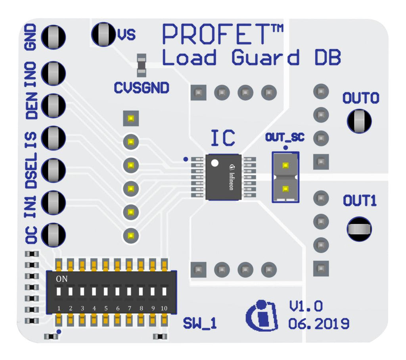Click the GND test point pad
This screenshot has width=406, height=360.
pos(53,37)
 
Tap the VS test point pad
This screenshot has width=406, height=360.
pos(103,34)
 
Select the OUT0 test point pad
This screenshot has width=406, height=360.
pos(359,121)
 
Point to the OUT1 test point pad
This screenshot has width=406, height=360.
pos(359,229)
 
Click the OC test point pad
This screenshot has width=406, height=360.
pos(53,235)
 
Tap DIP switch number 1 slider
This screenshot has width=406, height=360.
pos(59,292)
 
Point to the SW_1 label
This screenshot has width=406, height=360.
pos(200,323)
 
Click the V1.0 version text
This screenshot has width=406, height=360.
pos(305,306)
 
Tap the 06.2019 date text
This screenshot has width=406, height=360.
pos(318,324)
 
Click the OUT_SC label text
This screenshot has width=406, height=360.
pos(285,138)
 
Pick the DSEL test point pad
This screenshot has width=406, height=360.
pos(53,170)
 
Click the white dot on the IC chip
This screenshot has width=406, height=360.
pos(214,163)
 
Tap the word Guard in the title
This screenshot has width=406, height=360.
pos(265,58)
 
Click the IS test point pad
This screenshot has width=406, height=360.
pos(53,137)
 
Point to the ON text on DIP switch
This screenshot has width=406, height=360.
pos(62,279)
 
